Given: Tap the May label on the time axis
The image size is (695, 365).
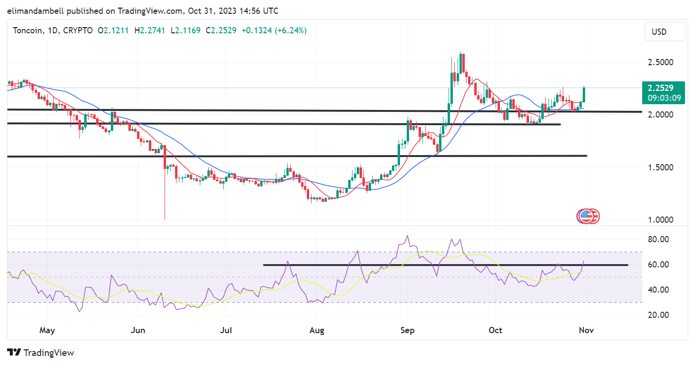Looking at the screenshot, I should coord(48,330).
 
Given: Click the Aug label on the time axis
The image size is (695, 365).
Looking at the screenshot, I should coord(317,330).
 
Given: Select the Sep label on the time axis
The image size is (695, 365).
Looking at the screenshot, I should coord(408,330).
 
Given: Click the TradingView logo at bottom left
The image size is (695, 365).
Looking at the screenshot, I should coord(41,353).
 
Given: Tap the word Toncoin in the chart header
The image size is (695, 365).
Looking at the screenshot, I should coord(27,30).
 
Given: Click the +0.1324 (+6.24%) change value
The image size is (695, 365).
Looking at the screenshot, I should coord(274,30).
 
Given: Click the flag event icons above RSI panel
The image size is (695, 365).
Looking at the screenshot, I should coord(588,216).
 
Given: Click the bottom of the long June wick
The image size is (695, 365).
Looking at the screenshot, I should coord(165,219).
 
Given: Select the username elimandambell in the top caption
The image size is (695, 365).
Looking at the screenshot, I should coord(35,10).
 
